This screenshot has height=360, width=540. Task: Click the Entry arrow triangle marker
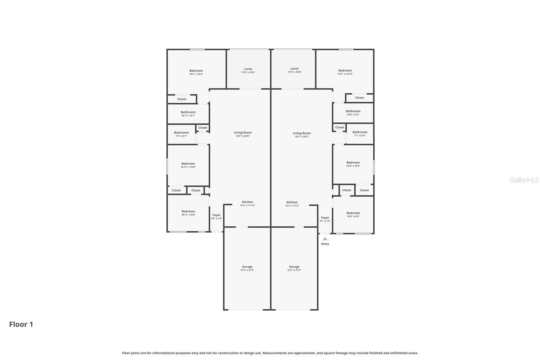[x=325, y=239]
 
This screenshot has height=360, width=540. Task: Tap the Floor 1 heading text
[x=21, y=325]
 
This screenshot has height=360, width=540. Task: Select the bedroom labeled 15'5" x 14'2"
[x=196, y=72]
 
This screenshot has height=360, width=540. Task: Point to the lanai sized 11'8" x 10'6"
[x=294, y=70]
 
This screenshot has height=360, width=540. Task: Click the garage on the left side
[x=247, y=268]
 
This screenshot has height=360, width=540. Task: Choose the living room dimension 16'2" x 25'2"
[x=302, y=135]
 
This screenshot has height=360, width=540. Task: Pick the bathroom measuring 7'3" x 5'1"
[x=181, y=134]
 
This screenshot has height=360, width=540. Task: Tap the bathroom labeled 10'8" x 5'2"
[x=353, y=113]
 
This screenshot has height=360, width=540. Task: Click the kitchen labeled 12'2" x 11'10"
[x=247, y=204]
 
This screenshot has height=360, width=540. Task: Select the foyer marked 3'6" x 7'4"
[x=216, y=216]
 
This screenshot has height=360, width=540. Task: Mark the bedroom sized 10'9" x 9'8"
[x=353, y=214]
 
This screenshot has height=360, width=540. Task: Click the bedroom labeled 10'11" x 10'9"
[x=188, y=165]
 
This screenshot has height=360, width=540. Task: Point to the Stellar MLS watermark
[x=524, y=180]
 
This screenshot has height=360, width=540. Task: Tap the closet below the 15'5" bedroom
[x=182, y=99]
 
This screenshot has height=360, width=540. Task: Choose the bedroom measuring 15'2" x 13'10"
[x=345, y=72]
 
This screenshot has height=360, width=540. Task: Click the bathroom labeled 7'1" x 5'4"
[x=360, y=134]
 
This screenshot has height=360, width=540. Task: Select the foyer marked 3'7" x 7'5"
[x=325, y=219]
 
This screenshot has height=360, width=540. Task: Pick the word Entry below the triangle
[x=325, y=244]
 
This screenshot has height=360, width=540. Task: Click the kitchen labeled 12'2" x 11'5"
[x=292, y=204]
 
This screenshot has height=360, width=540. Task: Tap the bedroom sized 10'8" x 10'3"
[x=353, y=164]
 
